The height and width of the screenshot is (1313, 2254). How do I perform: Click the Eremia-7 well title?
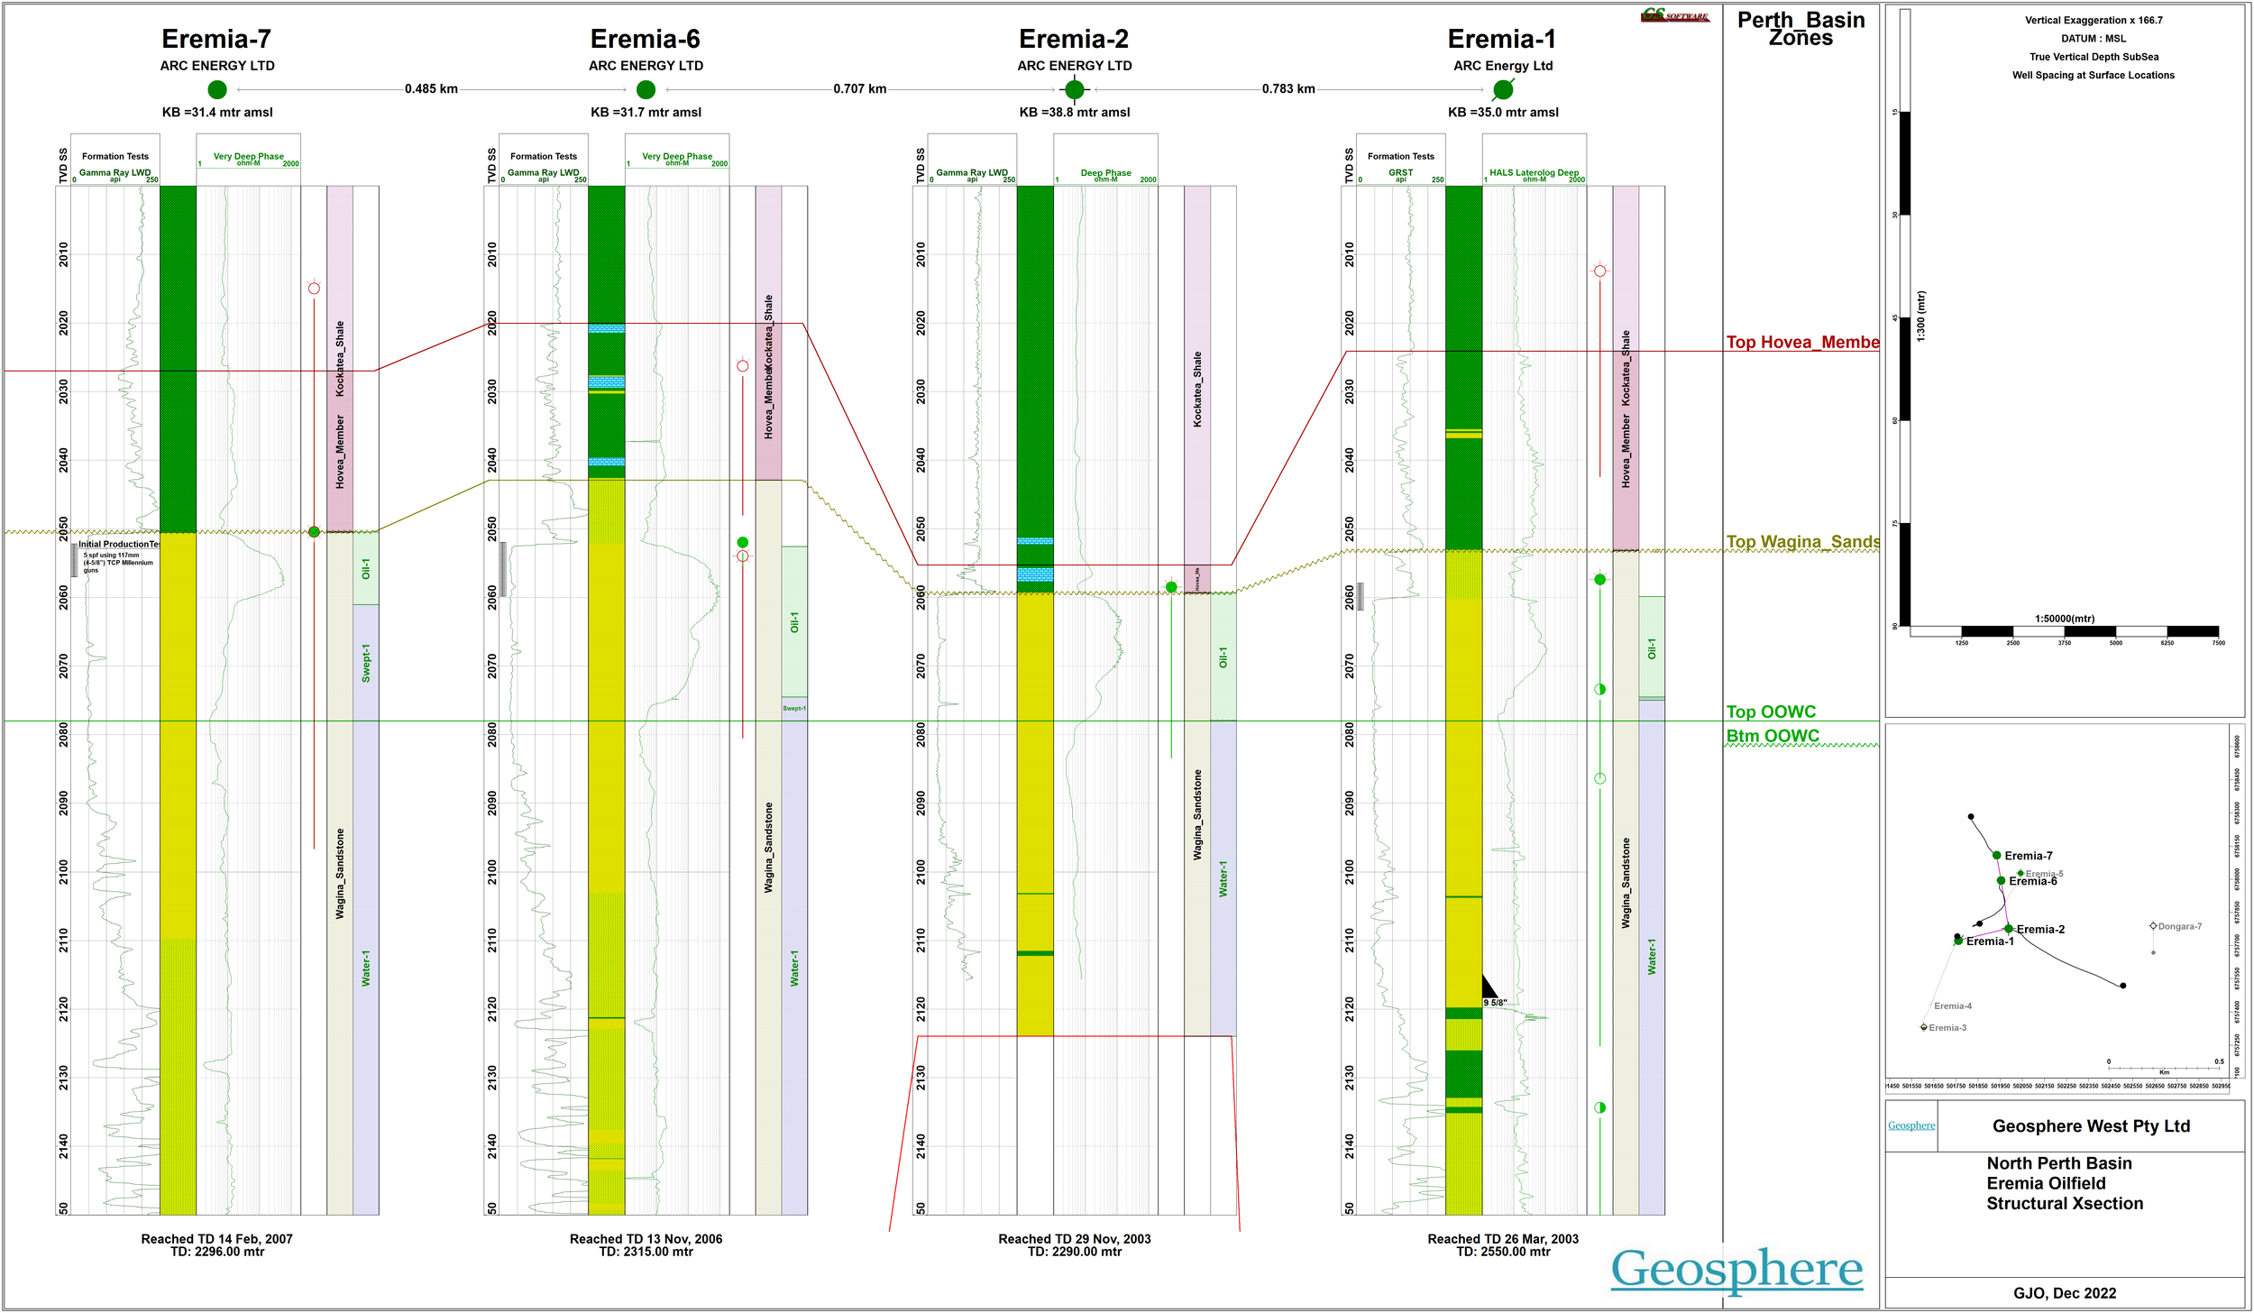[x=216, y=39]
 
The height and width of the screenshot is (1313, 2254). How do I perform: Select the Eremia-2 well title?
[x=1073, y=39]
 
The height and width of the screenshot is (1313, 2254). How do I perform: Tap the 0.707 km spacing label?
[x=859, y=89]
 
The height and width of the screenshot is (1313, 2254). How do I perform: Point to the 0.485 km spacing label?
[x=431, y=89]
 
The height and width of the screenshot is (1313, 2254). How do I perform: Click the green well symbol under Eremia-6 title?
[x=646, y=89]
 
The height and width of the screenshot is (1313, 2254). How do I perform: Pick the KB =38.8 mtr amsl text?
[x=1074, y=113]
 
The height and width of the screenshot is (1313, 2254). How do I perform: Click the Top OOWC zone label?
[x=1770, y=712]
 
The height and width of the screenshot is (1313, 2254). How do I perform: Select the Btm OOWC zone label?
[x=1772, y=736]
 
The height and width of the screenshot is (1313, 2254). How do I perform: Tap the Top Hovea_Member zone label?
[x=1801, y=343]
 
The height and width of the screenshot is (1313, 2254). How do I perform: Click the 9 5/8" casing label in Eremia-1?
[x=1495, y=1003]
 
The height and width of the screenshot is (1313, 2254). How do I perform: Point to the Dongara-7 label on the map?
[x=2179, y=926]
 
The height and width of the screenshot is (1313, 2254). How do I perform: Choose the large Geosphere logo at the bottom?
[x=1736, y=1269]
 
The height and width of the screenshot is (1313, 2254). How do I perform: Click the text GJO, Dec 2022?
[x=2065, y=1293]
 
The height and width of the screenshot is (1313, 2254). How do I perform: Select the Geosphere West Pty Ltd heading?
[x=2091, y=1126]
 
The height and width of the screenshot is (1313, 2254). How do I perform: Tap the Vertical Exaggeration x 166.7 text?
[x=2093, y=20]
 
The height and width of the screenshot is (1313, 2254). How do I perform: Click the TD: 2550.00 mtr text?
[x=1503, y=1252]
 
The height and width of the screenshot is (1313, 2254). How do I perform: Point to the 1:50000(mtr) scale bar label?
[x=2064, y=619]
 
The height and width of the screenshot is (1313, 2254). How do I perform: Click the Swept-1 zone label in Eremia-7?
[x=366, y=663]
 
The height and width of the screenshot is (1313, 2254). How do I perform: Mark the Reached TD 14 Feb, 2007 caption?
[x=216, y=1239]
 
